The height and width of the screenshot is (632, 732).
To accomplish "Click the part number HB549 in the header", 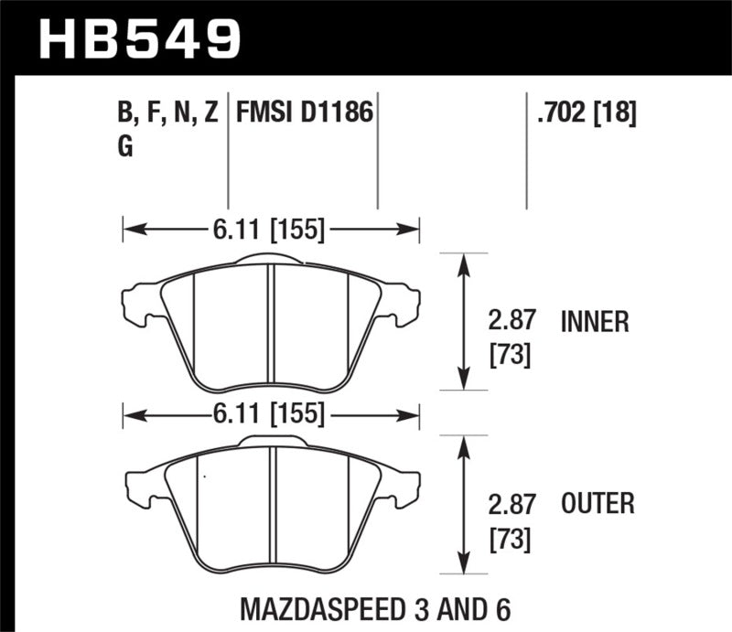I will (x=140, y=38).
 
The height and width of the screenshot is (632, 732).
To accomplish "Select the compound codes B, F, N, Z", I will (x=167, y=114).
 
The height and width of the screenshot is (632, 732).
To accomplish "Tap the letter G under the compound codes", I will (x=125, y=147).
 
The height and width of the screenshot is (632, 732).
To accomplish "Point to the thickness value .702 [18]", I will (x=582, y=114).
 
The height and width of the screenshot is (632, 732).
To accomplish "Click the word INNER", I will (x=595, y=322).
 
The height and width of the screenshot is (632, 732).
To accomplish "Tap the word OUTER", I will (x=597, y=503).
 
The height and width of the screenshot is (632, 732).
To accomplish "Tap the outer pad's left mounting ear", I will (x=140, y=485).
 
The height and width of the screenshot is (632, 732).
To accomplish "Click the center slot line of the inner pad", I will (x=271, y=325).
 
